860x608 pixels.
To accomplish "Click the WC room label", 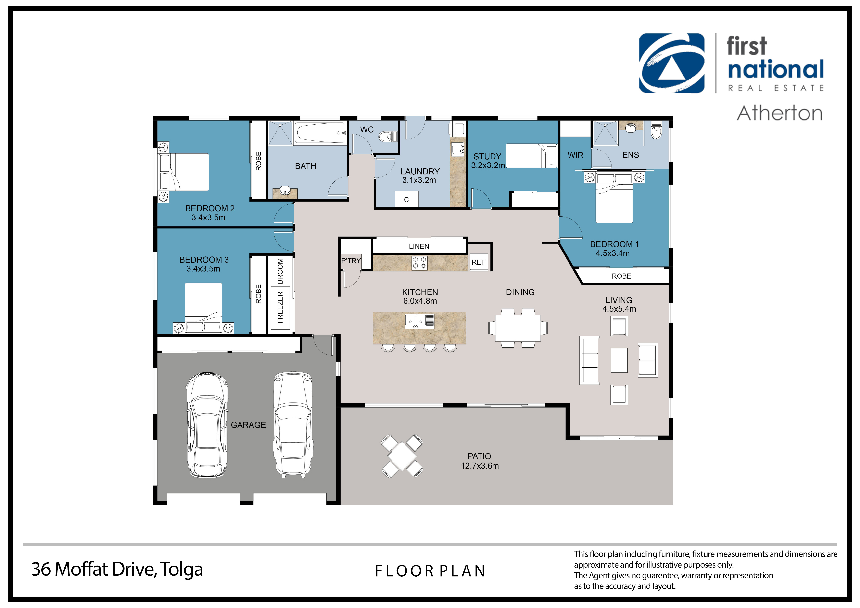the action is [367, 130].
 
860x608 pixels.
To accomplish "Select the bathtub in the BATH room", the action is [320, 133].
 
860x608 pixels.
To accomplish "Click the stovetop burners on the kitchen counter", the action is [419, 263].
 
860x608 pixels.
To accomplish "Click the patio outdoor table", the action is [402, 456].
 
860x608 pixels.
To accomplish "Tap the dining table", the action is [518, 328].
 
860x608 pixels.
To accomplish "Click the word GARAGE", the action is [248, 425].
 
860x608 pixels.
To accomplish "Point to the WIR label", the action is [575, 155].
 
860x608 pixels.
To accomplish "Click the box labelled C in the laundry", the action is [407, 200].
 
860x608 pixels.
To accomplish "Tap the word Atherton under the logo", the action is [780, 113].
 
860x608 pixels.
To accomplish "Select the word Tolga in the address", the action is [182, 570].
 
